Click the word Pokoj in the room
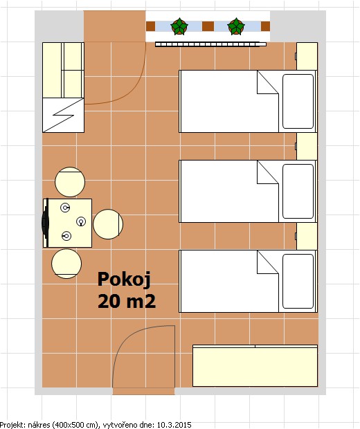click(x=124, y=280)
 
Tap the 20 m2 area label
click(x=127, y=301)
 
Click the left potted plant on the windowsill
click(x=179, y=26)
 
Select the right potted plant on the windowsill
click(x=236, y=26)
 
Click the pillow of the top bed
click(x=298, y=101)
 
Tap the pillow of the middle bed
click(x=298, y=191)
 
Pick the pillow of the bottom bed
click(x=298, y=281)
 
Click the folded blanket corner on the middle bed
click(x=268, y=172)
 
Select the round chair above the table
click(x=70, y=182)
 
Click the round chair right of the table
click(x=108, y=224)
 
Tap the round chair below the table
click(x=66, y=264)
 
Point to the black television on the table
click(x=45, y=223)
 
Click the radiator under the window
click(x=210, y=44)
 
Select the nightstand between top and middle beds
click(x=307, y=147)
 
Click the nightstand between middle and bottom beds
click(x=307, y=236)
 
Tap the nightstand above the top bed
click(x=307, y=56)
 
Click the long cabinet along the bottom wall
click(x=255, y=366)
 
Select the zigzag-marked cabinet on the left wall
click(x=63, y=115)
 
